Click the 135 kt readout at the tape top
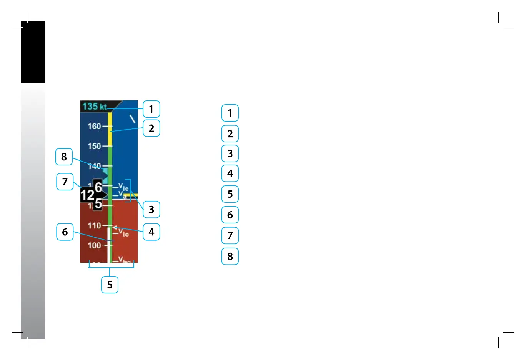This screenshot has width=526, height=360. click(x=94, y=106)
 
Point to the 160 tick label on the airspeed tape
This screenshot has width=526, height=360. click(x=94, y=126)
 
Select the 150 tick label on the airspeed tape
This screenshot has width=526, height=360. click(x=94, y=146)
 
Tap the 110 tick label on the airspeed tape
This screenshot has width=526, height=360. click(x=94, y=226)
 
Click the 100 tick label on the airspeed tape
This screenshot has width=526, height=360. click(x=94, y=245)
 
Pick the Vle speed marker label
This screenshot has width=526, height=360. click(x=123, y=187)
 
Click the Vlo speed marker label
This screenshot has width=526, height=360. click(x=123, y=232)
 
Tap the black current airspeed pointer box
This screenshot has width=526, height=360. click(x=92, y=195)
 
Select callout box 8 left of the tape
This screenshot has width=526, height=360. click(x=64, y=157)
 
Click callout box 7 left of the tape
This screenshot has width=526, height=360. click(x=65, y=182)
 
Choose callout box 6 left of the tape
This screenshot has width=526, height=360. click(x=65, y=232)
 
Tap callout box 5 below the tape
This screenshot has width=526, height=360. click(x=110, y=285)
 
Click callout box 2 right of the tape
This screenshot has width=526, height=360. click(x=151, y=128)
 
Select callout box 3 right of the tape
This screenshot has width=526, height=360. click(x=151, y=210)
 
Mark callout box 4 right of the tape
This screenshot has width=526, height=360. click(x=151, y=232)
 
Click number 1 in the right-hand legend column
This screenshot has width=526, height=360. click(x=230, y=113)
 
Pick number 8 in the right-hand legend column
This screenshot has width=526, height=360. click(x=230, y=256)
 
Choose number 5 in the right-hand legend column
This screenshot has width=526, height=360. click(x=230, y=194)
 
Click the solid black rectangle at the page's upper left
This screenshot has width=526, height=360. click(x=33, y=52)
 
